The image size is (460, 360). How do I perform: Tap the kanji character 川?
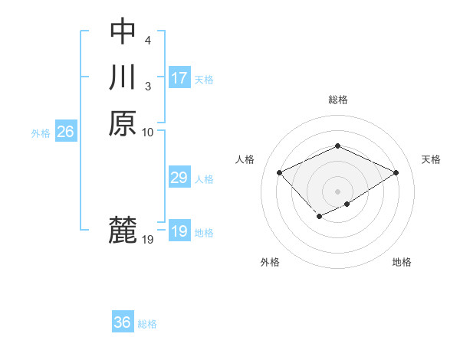[x=123, y=77]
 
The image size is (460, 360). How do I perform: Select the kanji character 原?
[x=123, y=123]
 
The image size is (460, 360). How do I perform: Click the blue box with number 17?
[x=179, y=78]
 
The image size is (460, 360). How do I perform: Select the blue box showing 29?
[x=179, y=178]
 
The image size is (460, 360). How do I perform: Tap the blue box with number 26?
[x=65, y=132]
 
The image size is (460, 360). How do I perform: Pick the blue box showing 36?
[x=123, y=322]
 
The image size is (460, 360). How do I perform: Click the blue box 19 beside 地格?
[x=179, y=231]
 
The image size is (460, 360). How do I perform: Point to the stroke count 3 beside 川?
[x=146, y=86]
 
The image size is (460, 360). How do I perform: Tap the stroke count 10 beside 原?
[x=148, y=132]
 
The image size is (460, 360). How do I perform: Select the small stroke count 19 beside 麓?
[x=148, y=240]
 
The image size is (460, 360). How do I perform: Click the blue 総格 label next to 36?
[x=147, y=324]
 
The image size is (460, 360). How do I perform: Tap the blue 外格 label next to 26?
[x=41, y=133]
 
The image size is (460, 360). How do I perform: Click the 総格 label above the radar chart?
[x=337, y=100]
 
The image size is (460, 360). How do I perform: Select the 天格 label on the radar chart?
[x=431, y=159]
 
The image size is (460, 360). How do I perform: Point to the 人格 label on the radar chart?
[x=245, y=159]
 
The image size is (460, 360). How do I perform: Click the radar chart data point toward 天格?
[x=396, y=172]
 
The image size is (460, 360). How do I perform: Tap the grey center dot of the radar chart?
[x=337, y=191]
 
